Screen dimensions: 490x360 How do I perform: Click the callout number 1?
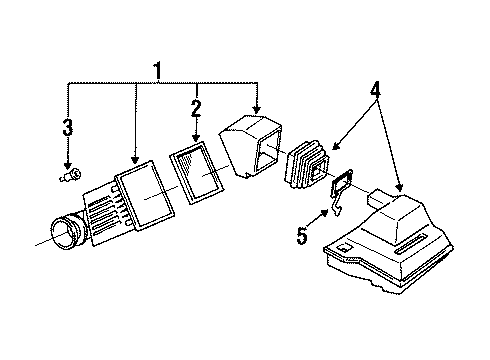(157, 71)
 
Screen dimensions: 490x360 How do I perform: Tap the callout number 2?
(196, 108)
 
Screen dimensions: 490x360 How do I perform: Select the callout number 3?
(68, 127)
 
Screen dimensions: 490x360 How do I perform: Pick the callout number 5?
(302, 236)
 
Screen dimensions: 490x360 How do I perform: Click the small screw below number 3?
(71, 175)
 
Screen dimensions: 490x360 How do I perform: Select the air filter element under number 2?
(197, 172)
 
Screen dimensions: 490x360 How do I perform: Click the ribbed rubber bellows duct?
(306, 164)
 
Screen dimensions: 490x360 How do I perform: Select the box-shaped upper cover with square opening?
(250, 145)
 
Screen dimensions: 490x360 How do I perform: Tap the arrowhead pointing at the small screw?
(68, 165)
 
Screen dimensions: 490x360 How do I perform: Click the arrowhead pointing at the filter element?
(196, 137)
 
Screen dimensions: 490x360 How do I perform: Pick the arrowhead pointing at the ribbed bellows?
(335, 146)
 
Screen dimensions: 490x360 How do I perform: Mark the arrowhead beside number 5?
(324, 213)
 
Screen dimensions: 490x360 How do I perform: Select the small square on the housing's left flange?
(343, 247)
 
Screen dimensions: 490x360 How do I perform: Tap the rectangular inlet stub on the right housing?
(378, 198)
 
